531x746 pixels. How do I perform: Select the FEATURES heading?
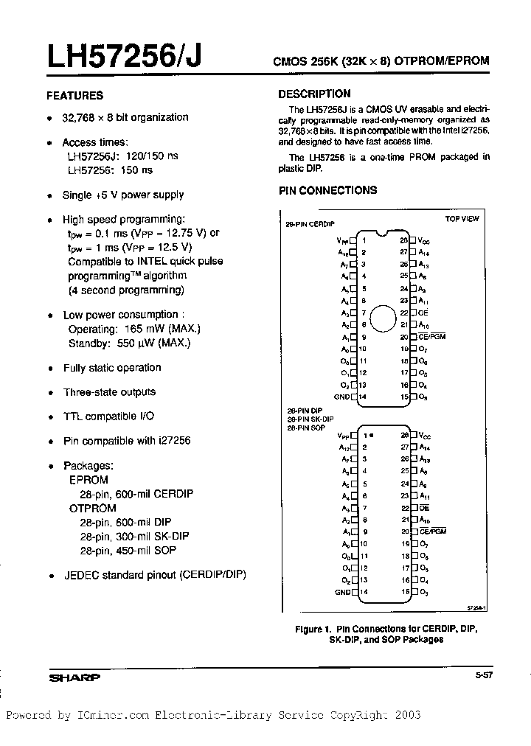point(74,95)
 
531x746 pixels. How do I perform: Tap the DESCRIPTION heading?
point(314,94)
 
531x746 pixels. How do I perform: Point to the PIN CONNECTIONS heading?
point(327,190)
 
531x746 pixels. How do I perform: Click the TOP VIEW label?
point(462,219)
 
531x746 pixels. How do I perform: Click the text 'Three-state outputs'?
point(109,392)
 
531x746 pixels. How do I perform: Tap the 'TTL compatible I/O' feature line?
point(108,416)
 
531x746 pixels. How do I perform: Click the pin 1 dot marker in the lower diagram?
point(372,436)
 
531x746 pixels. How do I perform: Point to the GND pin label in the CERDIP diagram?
point(341,397)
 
